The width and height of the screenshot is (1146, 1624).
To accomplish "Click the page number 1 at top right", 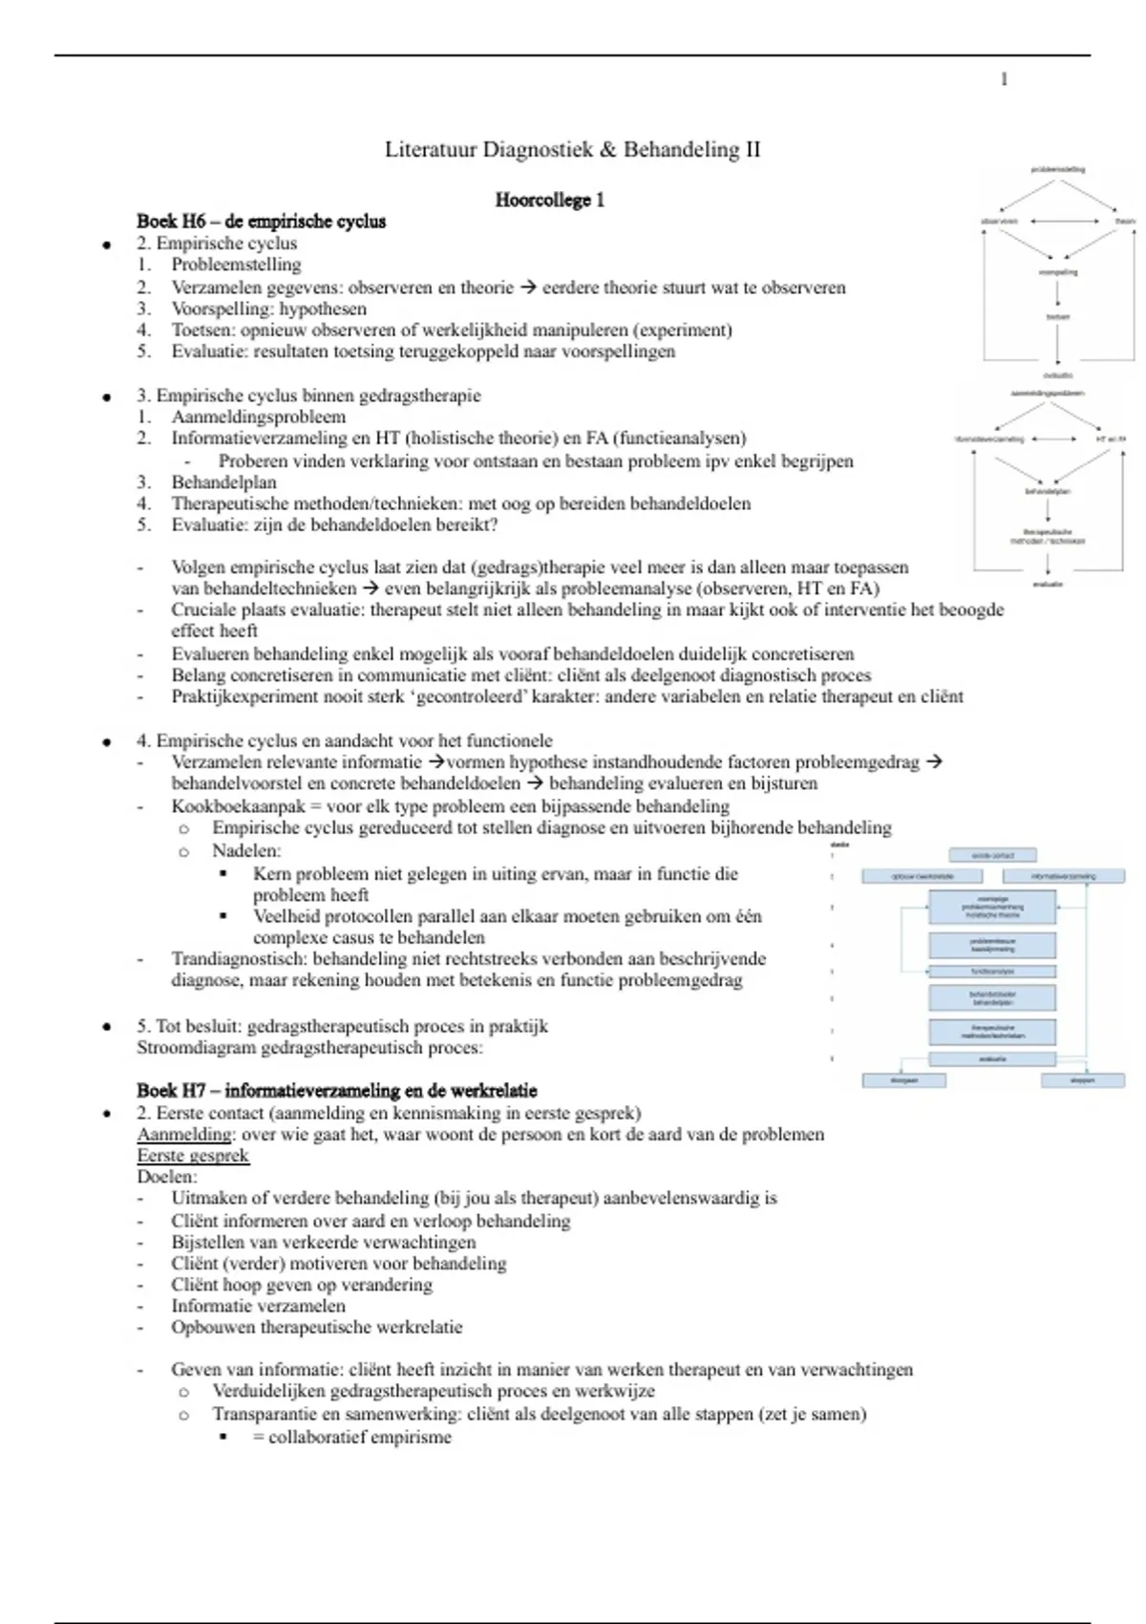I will tap(1004, 79).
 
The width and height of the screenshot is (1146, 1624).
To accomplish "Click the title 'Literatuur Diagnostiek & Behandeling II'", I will tap(572, 149).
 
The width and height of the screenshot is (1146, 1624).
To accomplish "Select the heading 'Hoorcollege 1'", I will tap(549, 200).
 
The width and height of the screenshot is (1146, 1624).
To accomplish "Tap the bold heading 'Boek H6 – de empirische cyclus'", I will tap(261, 222).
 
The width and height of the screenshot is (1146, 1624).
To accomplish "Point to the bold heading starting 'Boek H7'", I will tap(336, 1090).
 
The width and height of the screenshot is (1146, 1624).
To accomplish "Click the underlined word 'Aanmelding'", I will tap(184, 1134).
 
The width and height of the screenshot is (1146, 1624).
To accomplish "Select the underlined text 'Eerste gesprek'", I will tap(192, 1155).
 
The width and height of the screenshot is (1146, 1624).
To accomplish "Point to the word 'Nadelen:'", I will tap(246, 850).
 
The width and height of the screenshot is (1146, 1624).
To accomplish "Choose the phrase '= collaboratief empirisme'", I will tap(351, 1437).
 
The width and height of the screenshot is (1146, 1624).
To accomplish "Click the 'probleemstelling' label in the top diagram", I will tap(1057, 169).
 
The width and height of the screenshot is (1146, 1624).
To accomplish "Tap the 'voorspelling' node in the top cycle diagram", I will tap(1057, 272).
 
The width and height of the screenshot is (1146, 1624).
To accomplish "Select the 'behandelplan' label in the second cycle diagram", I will tap(1048, 491).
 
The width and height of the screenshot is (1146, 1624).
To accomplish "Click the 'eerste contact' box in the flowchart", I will tap(992, 855).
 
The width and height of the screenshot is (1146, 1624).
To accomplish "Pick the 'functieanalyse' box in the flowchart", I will tap(992, 972).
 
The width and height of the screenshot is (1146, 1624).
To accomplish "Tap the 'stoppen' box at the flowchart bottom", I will tap(1082, 1080).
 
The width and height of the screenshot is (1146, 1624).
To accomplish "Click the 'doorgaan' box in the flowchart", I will tap(903, 1080).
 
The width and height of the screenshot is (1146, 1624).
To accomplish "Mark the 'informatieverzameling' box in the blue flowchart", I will tap(1063, 876).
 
